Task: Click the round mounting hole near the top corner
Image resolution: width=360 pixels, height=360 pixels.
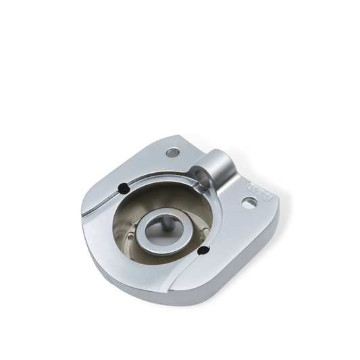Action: [x=174, y=153]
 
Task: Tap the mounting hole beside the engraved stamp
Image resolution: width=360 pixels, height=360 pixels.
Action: [x=249, y=203]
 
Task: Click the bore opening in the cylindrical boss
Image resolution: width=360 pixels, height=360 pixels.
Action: [x=200, y=177]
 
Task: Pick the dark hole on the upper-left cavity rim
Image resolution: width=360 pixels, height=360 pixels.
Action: [x=123, y=188]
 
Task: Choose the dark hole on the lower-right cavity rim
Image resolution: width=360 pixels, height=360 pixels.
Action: [x=202, y=251]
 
